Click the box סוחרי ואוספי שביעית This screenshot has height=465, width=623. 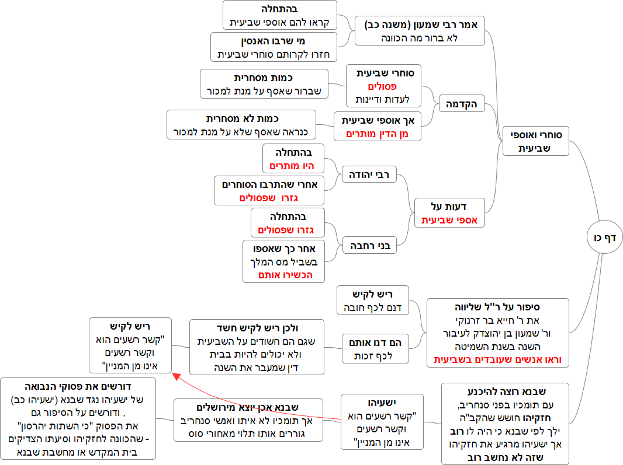point(535,142)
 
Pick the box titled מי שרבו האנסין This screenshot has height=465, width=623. point(274,47)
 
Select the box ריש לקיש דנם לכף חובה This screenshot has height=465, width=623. point(373,300)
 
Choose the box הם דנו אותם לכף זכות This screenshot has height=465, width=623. point(373,348)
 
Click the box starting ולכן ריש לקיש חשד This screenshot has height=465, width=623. point(257,347)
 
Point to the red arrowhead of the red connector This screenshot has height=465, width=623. point(175,377)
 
